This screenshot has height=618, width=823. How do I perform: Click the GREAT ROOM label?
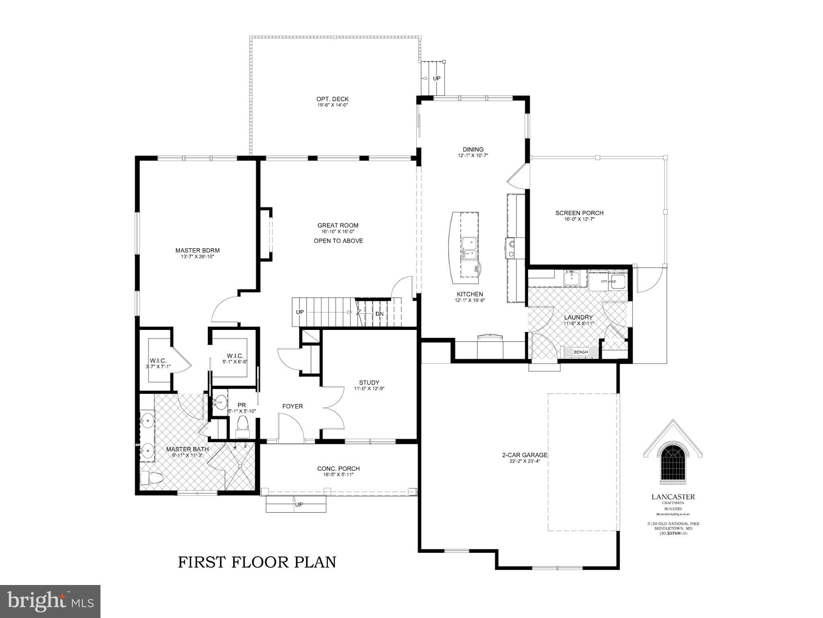tap(338, 225)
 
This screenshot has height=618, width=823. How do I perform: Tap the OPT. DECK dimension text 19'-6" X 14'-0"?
tap(332, 105)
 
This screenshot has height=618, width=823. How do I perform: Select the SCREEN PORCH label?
tap(579, 213)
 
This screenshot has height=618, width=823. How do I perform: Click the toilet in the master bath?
tap(151, 478)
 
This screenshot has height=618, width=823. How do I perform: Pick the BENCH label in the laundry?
tap(580, 352)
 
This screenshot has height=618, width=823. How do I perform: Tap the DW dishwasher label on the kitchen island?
tap(476, 268)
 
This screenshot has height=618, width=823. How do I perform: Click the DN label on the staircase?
tap(379, 314)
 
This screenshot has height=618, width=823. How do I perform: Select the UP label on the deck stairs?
tap(436, 78)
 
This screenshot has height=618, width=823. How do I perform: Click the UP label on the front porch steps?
tap(299, 505)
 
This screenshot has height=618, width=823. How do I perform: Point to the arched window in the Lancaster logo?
tap(673, 462)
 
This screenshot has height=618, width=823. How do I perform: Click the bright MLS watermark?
tap(50, 602)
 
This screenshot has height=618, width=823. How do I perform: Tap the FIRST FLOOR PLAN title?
tap(257, 562)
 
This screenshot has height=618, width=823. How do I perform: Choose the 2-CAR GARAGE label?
tap(524, 455)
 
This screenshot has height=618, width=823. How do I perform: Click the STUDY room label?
tap(369, 383)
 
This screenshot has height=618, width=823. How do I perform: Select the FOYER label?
tap(292, 406)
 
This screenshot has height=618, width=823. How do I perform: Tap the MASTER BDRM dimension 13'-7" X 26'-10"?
tap(197, 256)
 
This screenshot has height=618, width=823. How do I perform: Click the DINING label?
tap(473, 149)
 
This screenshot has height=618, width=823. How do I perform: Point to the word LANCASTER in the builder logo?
tap(673, 497)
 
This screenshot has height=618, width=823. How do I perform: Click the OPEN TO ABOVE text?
tap(338, 241)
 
